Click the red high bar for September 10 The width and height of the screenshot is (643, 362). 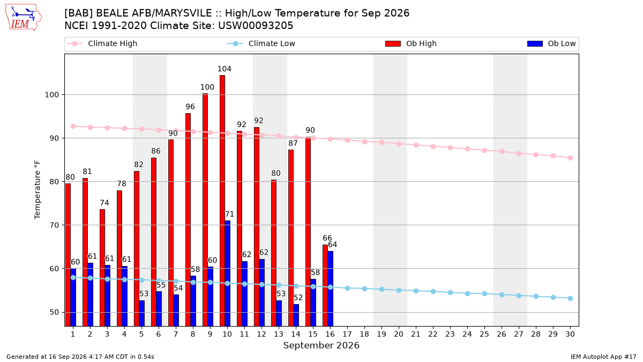[x=222, y=201]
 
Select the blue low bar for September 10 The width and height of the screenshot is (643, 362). [x=228, y=273]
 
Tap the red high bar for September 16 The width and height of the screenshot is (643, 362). [x=325, y=285]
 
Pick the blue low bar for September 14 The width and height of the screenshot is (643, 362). [x=296, y=315]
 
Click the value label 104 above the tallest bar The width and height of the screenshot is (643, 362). [x=225, y=69]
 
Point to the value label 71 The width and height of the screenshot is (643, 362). [x=229, y=215]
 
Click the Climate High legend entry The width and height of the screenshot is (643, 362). [x=102, y=43]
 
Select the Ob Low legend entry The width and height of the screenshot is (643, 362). [x=551, y=43]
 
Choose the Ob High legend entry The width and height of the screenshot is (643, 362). [x=411, y=43]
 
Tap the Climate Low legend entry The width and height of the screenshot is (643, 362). [x=261, y=43]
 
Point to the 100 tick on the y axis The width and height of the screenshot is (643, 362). [x=51, y=95]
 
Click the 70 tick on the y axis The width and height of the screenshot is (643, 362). [x=54, y=225]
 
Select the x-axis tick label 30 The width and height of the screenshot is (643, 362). [x=570, y=335]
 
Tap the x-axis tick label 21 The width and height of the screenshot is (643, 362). [x=416, y=335]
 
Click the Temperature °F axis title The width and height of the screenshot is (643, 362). [x=38, y=190]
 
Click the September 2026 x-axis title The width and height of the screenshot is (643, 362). [x=321, y=345]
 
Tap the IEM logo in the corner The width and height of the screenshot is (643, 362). [x=23, y=18]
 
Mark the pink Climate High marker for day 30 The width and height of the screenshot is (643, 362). [x=570, y=158]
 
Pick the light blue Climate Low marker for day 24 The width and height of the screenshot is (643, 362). [x=468, y=294]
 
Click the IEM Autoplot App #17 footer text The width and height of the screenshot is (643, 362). [x=603, y=357]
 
